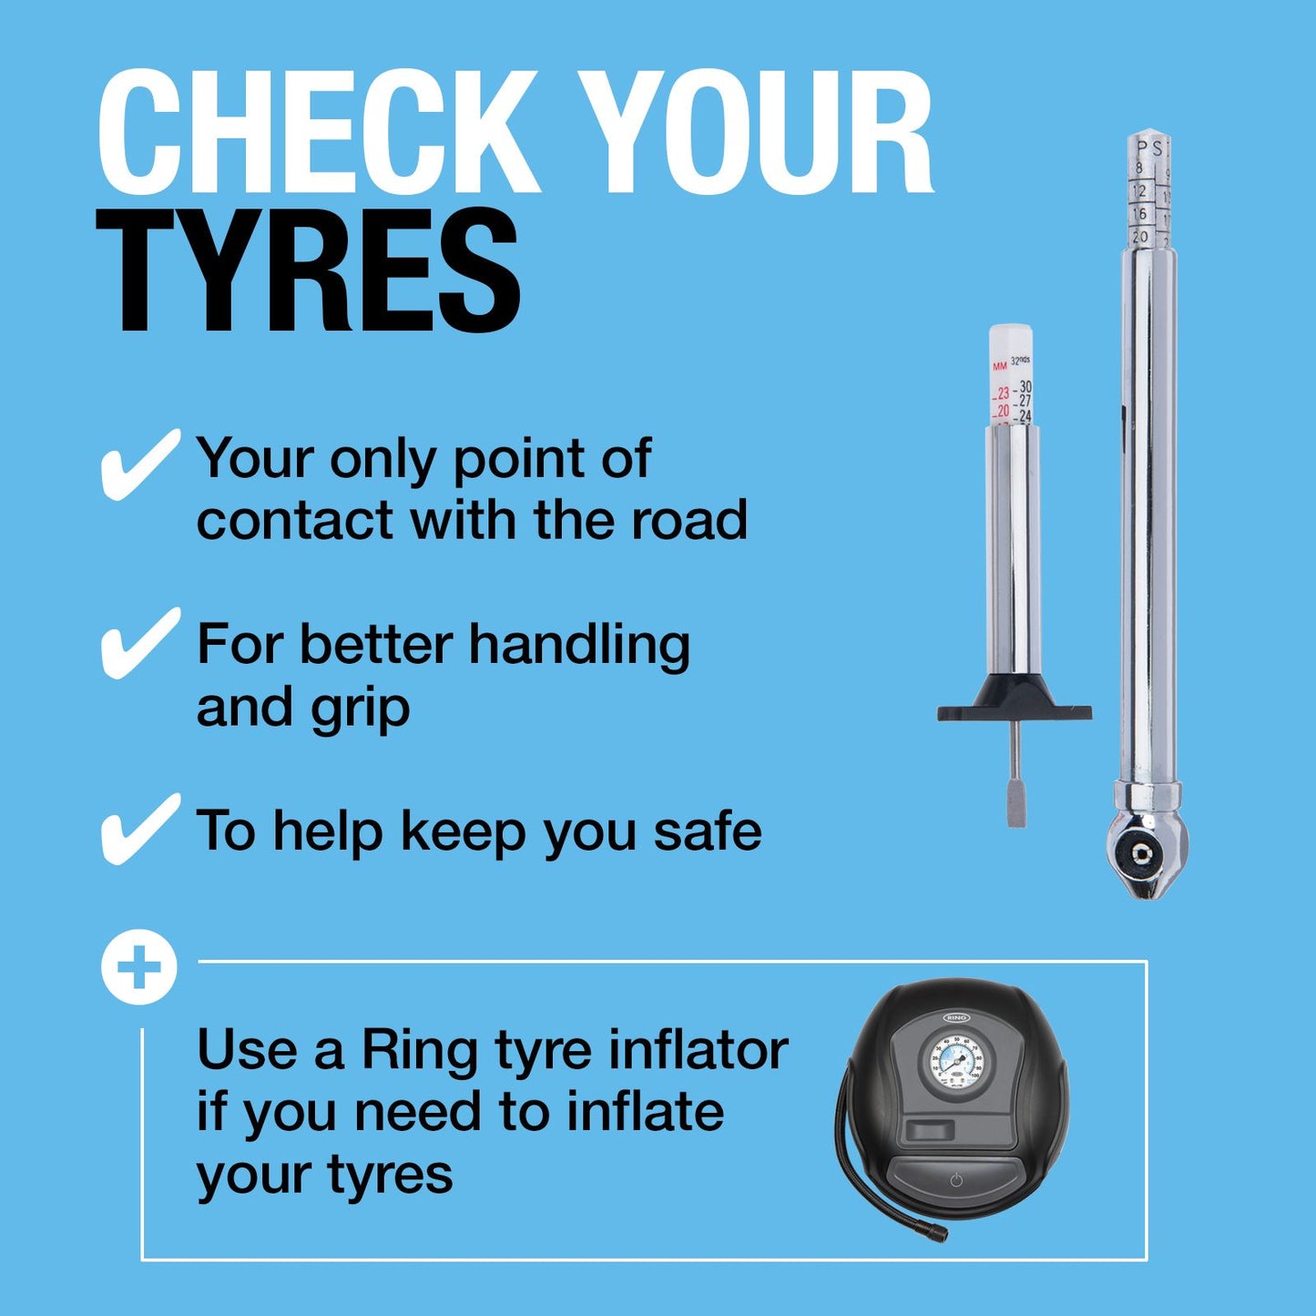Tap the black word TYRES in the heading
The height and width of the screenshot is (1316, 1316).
pos(309,270)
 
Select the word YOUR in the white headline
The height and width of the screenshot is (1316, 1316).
pos(756,132)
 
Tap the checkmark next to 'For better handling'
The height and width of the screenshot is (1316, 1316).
pos(138,643)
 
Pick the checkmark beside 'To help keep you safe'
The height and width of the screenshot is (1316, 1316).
pos(138,828)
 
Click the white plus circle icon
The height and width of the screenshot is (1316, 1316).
pos(138,967)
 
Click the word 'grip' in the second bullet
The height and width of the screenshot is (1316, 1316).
pos(361,709)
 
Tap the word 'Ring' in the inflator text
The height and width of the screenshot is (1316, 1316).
pos(419,1050)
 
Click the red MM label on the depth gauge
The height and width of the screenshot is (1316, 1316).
pos(1000,366)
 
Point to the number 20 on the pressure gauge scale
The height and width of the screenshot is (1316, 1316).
pos(1140,237)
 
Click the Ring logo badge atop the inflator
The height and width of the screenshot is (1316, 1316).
pos(956,1017)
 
